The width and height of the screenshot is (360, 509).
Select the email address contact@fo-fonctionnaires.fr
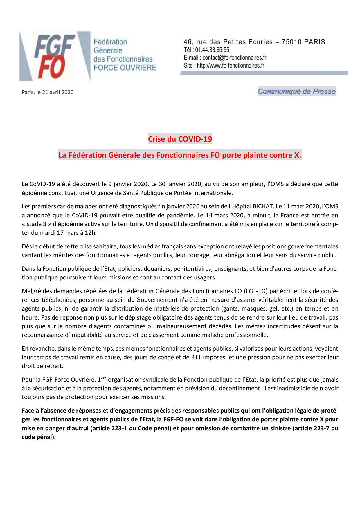point(230,57)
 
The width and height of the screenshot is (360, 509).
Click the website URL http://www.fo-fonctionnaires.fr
point(231,65)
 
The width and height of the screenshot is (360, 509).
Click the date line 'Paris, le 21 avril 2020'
point(48,92)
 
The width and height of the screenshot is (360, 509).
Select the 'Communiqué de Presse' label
point(296,92)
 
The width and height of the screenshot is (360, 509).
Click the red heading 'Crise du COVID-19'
point(180,139)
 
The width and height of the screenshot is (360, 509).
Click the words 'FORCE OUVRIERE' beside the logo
point(125,67)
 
